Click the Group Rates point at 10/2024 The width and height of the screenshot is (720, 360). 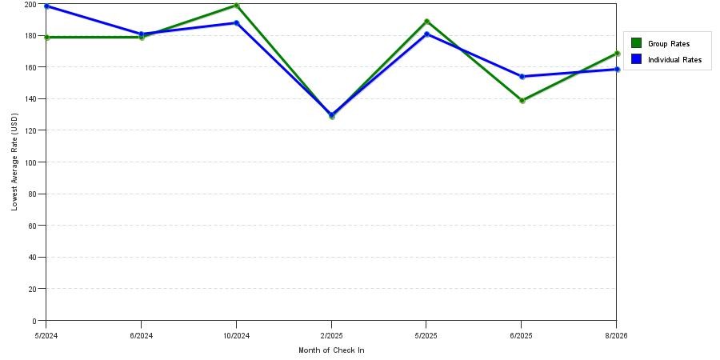[237, 6]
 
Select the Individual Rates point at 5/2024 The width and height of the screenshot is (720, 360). [47, 6]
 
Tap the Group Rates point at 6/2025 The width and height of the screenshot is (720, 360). [522, 101]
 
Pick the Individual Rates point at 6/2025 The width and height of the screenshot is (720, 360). [522, 77]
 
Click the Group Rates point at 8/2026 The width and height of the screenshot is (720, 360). [617, 54]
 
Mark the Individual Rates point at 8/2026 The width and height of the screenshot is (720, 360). [617, 70]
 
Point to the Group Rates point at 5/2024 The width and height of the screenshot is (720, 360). [47, 37]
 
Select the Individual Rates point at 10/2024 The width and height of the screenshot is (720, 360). [237, 23]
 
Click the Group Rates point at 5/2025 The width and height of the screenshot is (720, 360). [427, 22]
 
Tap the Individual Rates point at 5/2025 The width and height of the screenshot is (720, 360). [427, 34]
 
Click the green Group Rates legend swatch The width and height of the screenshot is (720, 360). [636, 43]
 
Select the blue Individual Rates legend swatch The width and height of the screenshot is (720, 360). [636, 59]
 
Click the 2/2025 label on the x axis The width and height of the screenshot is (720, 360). [331, 336]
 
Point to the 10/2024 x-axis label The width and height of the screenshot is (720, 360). [236, 336]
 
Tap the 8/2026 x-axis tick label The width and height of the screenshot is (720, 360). [616, 336]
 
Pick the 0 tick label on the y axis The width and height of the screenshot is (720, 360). [41, 321]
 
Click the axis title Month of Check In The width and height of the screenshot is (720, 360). [331, 350]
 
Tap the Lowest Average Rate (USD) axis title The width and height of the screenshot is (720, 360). [14, 162]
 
